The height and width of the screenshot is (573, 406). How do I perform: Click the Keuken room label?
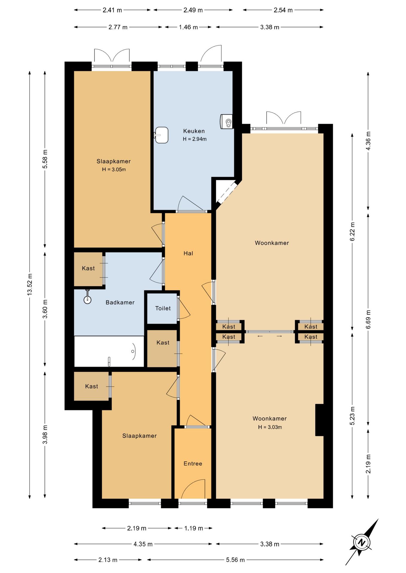click(194, 131)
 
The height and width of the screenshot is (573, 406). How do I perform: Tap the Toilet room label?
click(163, 308)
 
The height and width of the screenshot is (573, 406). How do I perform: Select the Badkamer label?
click(120, 302)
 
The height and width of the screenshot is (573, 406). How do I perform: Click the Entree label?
click(193, 463)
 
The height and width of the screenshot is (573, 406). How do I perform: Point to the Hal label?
click(188, 253)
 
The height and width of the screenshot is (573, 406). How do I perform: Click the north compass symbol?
click(362, 542)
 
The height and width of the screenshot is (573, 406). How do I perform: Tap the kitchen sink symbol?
click(161, 135)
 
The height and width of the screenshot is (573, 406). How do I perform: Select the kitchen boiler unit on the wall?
click(226, 121)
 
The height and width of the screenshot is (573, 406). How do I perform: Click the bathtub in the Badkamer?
click(109, 352)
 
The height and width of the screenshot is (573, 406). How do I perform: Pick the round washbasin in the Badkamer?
click(87, 299)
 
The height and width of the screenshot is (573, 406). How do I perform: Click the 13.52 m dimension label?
click(30, 284)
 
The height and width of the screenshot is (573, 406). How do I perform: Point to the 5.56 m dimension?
click(235, 560)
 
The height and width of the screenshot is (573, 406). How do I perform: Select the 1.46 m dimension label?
click(188, 27)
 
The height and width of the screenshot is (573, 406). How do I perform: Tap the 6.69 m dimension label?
click(368, 319)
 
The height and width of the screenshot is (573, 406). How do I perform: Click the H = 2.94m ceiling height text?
click(195, 139)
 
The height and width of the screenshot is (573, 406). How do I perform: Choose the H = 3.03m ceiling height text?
click(270, 427)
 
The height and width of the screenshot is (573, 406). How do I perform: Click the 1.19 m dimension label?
click(193, 528)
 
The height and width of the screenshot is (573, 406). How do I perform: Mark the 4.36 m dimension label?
click(368, 141)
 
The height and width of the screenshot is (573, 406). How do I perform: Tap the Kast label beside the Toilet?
click(163, 343)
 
